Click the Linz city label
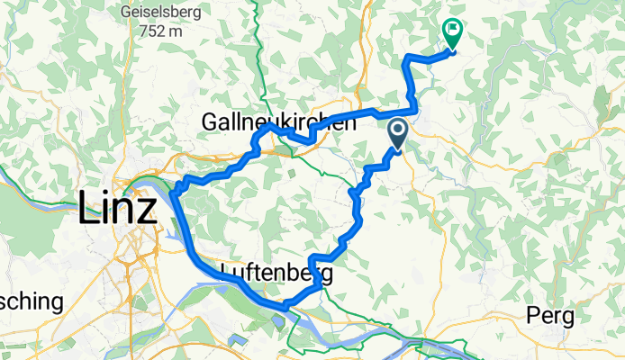click(x=117, y=208)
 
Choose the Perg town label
click(x=548, y=317)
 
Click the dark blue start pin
click(x=398, y=136)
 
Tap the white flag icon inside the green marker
click(x=451, y=30)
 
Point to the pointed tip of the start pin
click(x=398, y=151)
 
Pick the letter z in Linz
click(x=147, y=209)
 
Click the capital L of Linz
click(x=89, y=208)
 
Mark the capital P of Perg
click(x=531, y=316)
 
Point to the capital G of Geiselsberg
click(x=122, y=13)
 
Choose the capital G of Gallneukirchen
click(x=212, y=121)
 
